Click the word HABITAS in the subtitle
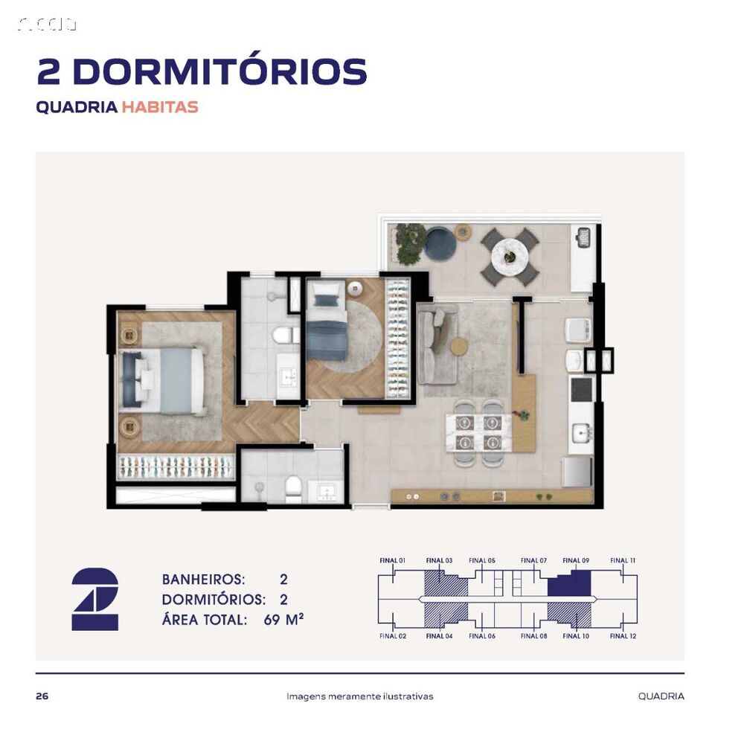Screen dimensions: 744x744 pyautogui.click(x=160, y=106)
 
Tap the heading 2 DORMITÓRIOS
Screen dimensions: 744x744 pyautogui.click(x=202, y=71)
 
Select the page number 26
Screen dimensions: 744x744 pyautogui.click(x=42, y=696)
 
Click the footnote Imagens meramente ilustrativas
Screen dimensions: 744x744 pyautogui.click(x=360, y=696)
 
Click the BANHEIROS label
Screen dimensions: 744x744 pyautogui.click(x=203, y=579)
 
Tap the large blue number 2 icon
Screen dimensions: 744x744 pyautogui.click(x=94, y=599)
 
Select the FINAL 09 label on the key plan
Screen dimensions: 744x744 pyautogui.click(x=576, y=560)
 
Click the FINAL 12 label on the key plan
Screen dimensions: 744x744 pyautogui.click(x=623, y=636)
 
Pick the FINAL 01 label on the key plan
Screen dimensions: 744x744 pyautogui.click(x=391, y=560)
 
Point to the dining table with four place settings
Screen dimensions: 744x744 pyautogui.click(x=476, y=432)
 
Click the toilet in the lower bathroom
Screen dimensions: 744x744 pyautogui.click(x=294, y=489)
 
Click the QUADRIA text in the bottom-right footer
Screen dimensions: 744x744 pyautogui.click(x=661, y=696)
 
